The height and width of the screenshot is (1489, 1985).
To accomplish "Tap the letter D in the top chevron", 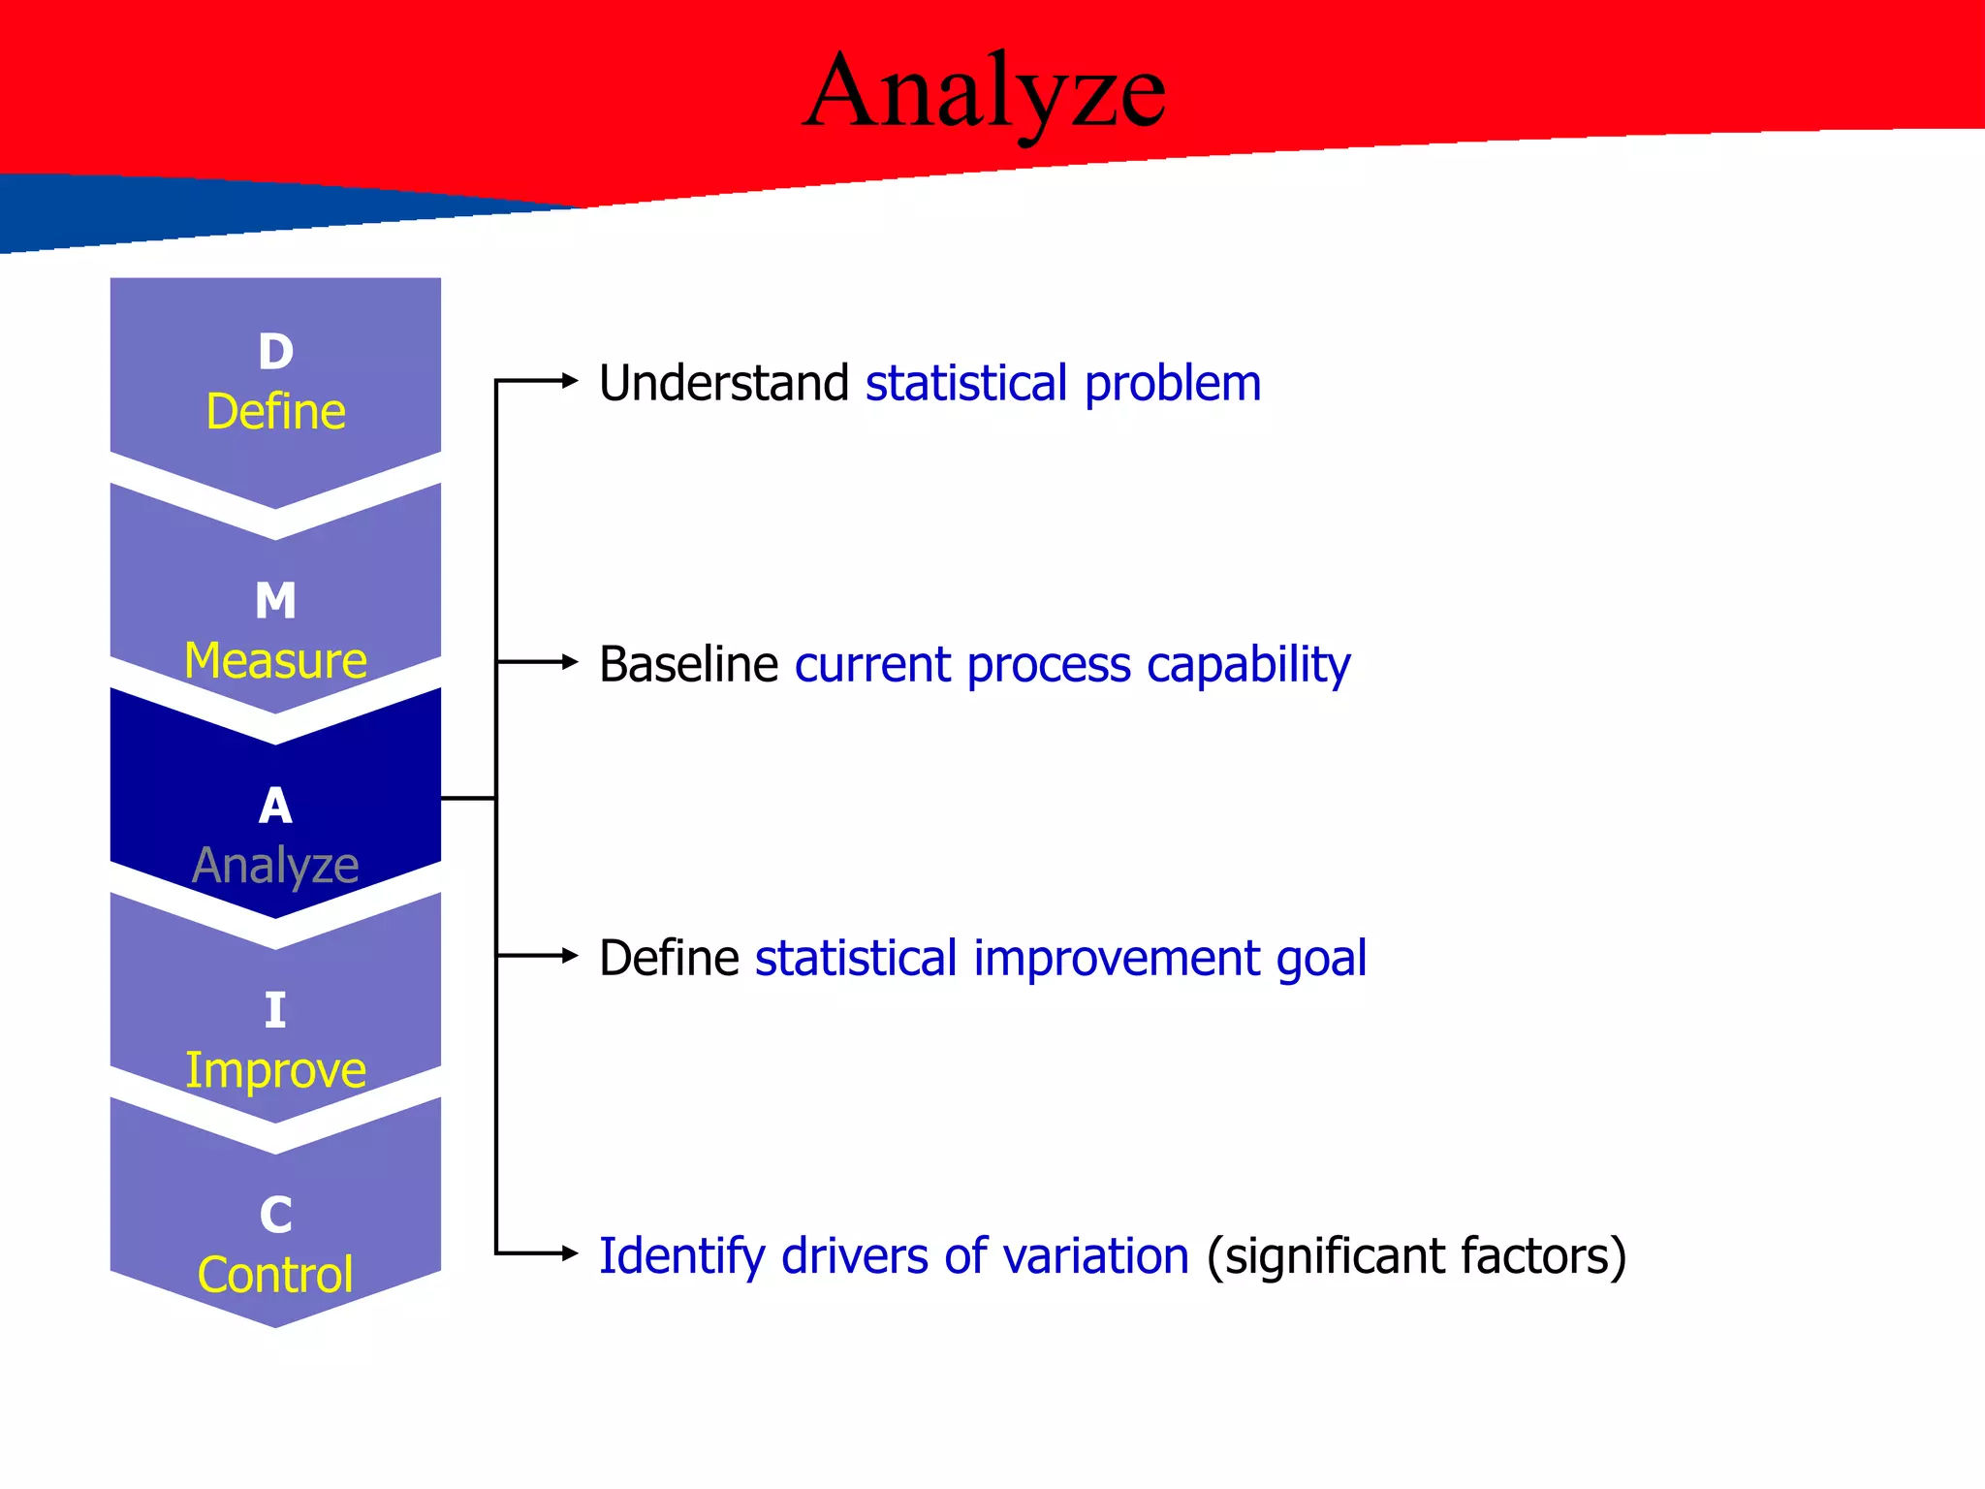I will [x=275, y=352].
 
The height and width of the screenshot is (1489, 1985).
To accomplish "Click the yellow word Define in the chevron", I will [x=275, y=412].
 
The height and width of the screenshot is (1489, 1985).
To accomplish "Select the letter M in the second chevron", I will [x=275, y=601].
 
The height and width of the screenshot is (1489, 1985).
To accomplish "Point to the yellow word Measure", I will [x=275, y=661].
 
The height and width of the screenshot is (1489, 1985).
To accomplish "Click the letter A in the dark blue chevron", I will [x=275, y=807].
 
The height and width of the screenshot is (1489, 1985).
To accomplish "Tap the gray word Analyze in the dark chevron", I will [x=275, y=866].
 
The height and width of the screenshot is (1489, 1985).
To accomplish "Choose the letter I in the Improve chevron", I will [x=275, y=1011].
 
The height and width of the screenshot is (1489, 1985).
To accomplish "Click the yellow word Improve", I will [x=275, y=1071].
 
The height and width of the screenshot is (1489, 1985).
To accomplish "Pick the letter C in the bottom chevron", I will [x=275, y=1216].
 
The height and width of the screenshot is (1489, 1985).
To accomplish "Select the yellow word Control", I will [x=275, y=1275].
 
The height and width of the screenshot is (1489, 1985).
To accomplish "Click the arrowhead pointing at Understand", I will [x=570, y=381].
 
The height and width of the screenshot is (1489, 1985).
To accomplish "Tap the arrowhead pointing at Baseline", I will [x=570, y=662].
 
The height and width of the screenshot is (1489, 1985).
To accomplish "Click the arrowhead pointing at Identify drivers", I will [x=570, y=1253].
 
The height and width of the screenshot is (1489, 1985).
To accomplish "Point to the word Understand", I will [x=724, y=383].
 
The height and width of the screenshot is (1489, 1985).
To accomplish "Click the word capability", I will [x=1248, y=666].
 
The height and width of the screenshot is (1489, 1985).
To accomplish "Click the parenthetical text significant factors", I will [x=1416, y=1257].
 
